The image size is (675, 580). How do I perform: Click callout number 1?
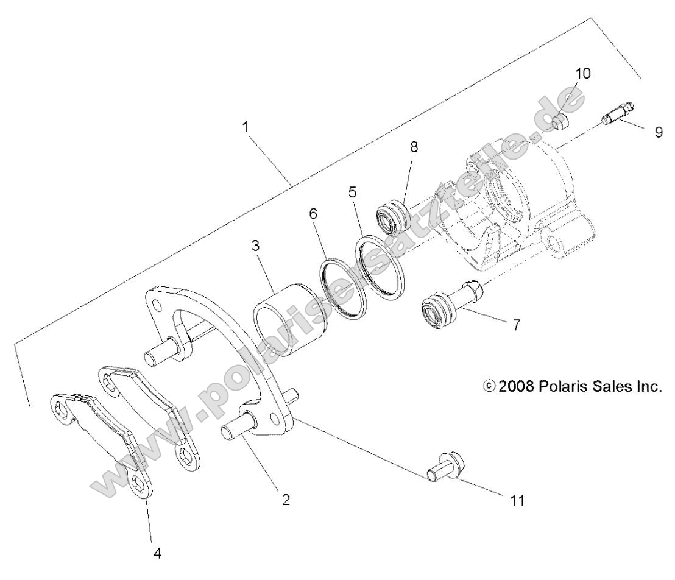click(245, 128)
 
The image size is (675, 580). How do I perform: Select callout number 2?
click(286, 500)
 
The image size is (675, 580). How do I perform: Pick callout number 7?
click(516, 325)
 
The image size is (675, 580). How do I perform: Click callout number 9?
click(659, 132)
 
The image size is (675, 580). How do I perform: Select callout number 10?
click(582, 74)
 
